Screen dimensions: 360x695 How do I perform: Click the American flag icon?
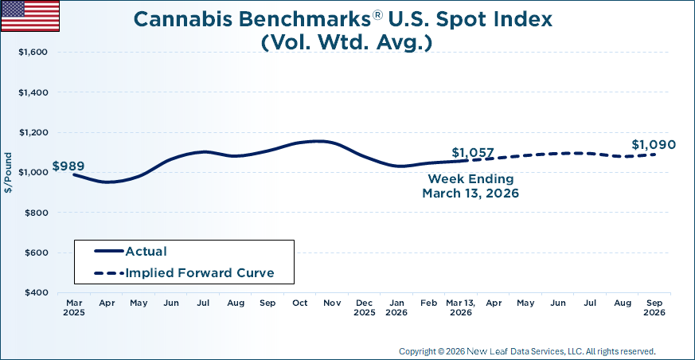30,16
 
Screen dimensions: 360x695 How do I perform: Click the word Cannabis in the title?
176,19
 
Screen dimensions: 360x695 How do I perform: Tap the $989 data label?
68,166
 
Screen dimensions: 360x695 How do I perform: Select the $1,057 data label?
473,153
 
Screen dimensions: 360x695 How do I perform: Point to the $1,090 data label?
654,145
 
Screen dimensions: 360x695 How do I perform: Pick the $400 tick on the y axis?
36,293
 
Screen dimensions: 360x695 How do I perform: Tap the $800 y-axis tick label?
36,213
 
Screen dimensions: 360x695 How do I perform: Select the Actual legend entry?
146,252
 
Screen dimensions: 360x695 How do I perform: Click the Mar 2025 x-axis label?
73,307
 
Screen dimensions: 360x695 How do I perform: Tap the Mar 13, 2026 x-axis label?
460,307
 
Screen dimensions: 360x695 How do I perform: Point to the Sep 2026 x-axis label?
655,307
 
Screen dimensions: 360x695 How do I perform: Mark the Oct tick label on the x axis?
299,303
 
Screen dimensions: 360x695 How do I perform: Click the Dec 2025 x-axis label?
364,307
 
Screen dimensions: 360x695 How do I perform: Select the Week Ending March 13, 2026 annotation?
471,186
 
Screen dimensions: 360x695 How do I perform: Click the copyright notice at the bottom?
527,350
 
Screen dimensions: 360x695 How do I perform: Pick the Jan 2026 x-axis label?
396,307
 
